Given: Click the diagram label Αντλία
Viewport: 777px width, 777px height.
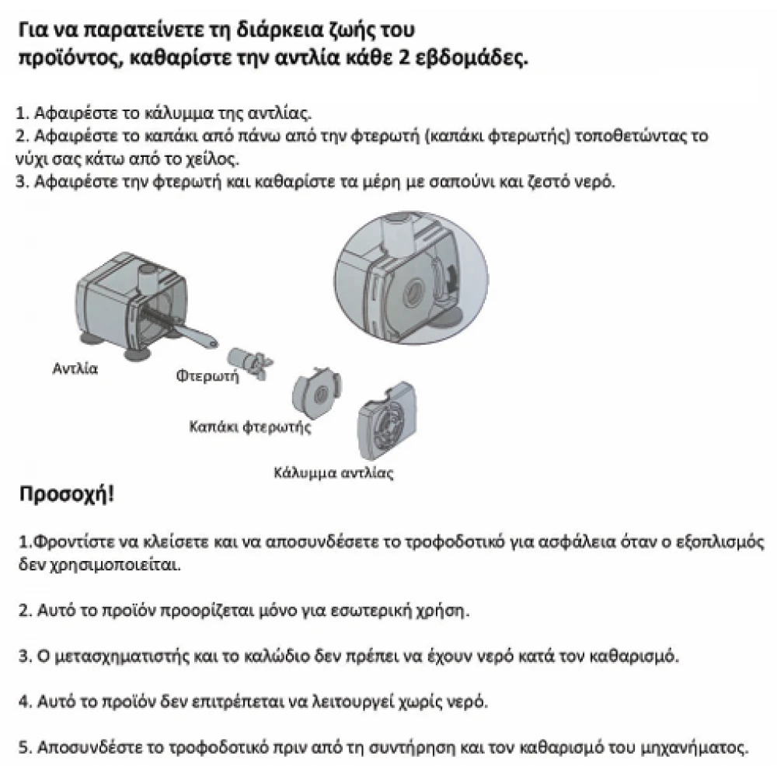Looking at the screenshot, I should click(x=75, y=368).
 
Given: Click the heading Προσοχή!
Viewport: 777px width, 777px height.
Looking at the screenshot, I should click(x=66, y=495).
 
